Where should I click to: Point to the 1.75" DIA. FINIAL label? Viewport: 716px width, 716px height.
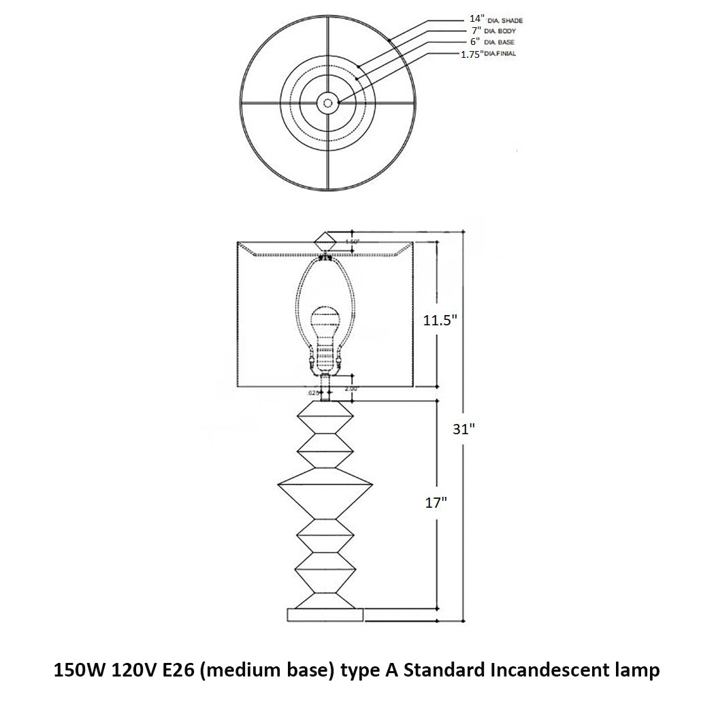[489, 53]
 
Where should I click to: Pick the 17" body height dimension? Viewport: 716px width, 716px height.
[435, 503]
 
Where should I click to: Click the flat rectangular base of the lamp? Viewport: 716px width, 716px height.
[325, 615]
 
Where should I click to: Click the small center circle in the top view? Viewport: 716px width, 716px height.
[327, 103]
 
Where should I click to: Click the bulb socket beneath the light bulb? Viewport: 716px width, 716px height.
[325, 357]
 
